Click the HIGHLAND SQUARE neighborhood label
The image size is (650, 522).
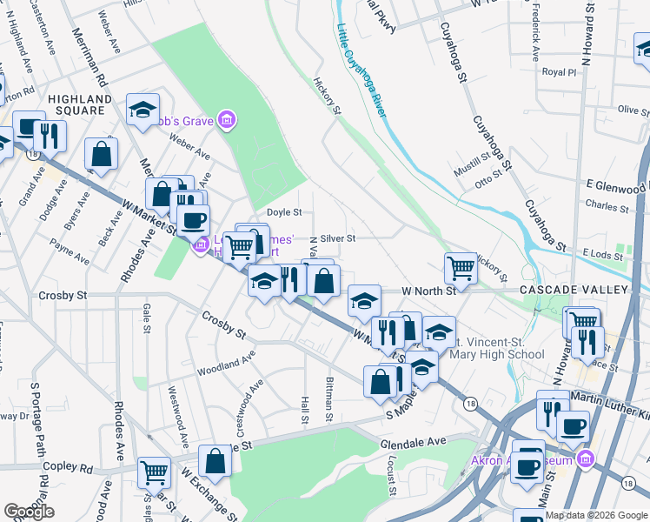coord(80,105)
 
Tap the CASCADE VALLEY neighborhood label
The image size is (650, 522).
coord(574,289)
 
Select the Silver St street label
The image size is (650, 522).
coord(338,238)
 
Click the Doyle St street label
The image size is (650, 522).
coord(283,211)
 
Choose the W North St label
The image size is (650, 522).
coord(428,291)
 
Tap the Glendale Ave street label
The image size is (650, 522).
coord(413,442)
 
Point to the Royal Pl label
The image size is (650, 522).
coord(559,72)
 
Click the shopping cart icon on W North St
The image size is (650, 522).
coord(461,266)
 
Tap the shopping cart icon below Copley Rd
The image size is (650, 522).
coord(154,472)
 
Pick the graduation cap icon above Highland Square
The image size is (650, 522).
coord(143,109)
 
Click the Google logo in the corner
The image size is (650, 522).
coord(29,512)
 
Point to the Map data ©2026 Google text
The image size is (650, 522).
coord(596,515)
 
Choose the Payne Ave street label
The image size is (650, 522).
coord(70,252)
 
